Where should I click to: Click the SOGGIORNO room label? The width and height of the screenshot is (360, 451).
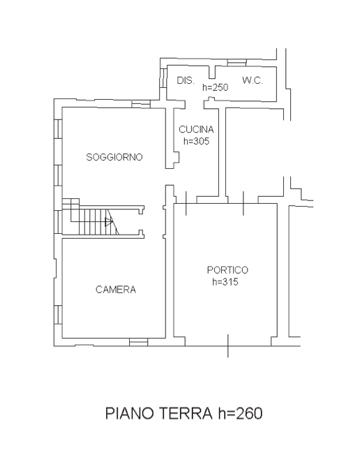[x=114, y=157]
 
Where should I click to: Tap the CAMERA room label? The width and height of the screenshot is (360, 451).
[x=116, y=289]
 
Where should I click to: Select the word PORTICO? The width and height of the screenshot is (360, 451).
[x=227, y=269]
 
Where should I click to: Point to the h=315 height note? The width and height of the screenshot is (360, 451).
[x=225, y=281]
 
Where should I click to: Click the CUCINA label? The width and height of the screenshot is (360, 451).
[x=196, y=129]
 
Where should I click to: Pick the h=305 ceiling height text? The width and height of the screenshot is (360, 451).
[x=196, y=141]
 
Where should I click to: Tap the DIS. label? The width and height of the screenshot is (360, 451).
[x=186, y=80]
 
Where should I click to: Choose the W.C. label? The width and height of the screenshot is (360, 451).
[x=253, y=80]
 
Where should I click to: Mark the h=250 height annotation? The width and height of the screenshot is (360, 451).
[x=216, y=87]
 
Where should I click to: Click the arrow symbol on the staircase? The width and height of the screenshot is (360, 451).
[x=109, y=222]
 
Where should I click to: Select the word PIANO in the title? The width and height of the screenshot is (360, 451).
[x=130, y=413]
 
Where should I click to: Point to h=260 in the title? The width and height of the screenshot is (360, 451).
[x=240, y=413]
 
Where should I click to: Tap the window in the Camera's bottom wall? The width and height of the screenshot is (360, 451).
[x=138, y=342]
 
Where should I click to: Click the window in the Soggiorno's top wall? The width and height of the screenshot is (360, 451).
[x=141, y=104]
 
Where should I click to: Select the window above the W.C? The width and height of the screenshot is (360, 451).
[x=237, y=63]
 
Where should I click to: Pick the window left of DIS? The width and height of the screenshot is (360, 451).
[x=163, y=77]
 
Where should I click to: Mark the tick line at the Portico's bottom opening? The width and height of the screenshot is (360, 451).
[x=228, y=346]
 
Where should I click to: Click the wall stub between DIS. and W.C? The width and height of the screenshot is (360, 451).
[x=212, y=72]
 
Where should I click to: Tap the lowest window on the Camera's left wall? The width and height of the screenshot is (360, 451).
[x=58, y=315]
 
